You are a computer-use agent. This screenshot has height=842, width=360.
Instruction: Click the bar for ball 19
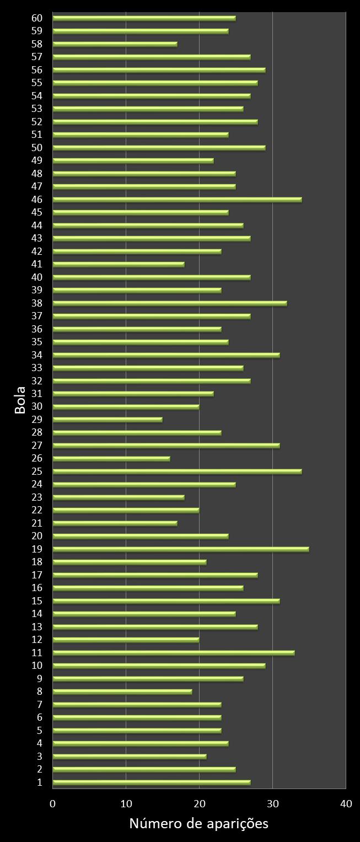pyautogui.click(x=181, y=549)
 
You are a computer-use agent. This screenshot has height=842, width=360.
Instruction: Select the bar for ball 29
pyautogui.click(x=108, y=420)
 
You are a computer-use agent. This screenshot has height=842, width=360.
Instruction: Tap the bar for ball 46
pyautogui.click(x=177, y=199)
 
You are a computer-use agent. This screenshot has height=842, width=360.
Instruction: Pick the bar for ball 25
pyautogui.click(x=177, y=471)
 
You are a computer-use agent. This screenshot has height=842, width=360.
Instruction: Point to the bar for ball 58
pyautogui.click(x=115, y=44)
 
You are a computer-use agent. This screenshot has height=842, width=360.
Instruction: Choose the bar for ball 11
pyautogui.click(x=174, y=653)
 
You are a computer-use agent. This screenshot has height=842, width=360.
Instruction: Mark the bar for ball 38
pyautogui.click(x=170, y=303)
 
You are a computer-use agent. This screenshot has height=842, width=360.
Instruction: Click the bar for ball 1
pyautogui.click(x=152, y=782)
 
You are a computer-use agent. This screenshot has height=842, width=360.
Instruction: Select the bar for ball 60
pyautogui.click(x=144, y=18)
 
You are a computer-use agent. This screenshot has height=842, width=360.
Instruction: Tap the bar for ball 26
pyautogui.click(x=111, y=458)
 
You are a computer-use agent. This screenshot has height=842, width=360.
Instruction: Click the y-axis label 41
pyautogui.click(x=37, y=264)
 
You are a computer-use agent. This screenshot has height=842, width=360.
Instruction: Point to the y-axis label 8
pyautogui.click(x=40, y=691)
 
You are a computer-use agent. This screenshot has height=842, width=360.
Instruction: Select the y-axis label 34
pyautogui.click(x=37, y=355)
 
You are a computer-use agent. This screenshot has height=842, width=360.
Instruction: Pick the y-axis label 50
pyautogui.click(x=37, y=147)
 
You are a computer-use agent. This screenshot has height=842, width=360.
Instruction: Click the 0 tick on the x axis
pyautogui.click(x=53, y=804)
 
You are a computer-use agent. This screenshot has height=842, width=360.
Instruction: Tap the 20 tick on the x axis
pyautogui.click(x=199, y=804)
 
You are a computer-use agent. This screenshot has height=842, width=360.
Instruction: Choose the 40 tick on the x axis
pyautogui.click(x=346, y=804)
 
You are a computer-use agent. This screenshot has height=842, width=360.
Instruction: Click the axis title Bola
pyautogui.click(x=20, y=400)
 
